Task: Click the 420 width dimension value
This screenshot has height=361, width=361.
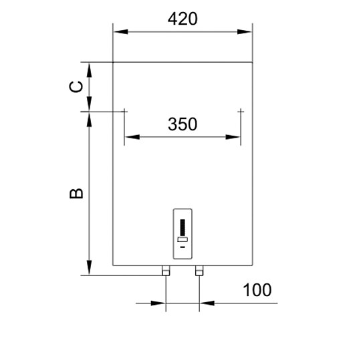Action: (x=183, y=19)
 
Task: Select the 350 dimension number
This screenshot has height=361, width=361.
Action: (x=183, y=124)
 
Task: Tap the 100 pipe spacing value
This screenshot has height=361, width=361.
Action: (x=257, y=290)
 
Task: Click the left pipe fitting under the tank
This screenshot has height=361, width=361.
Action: (x=165, y=271)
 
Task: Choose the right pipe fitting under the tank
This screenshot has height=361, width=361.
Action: (x=199, y=271)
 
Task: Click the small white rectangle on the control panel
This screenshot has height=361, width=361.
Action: (x=183, y=239)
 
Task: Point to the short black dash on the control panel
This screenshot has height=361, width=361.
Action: (x=183, y=245)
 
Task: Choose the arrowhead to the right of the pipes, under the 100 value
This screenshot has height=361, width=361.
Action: (x=206, y=303)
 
